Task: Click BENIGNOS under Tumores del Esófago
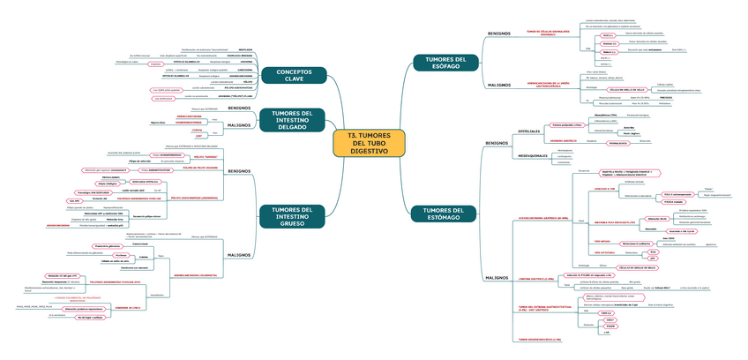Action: coord(499,34)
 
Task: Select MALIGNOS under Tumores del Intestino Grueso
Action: coord(239,229)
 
